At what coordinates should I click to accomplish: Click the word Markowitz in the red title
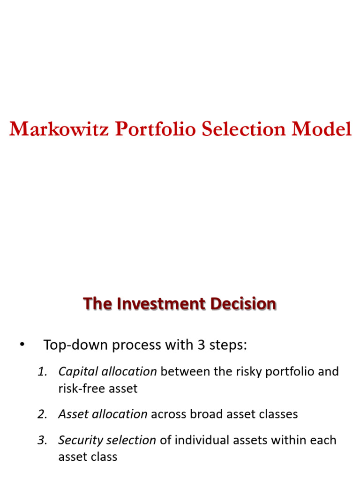tap(59, 129)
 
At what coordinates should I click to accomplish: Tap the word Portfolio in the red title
tap(155, 129)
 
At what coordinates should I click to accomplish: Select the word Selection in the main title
tap(244, 129)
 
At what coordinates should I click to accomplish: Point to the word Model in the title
tap(321, 129)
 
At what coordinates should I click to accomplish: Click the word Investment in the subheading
tap(161, 304)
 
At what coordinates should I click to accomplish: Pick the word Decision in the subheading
tap(243, 304)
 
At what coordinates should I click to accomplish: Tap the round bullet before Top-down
tap(22, 345)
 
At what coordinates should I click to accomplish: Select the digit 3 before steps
tap(201, 345)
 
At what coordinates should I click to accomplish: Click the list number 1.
tap(42, 372)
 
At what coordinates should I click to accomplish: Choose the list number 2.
tap(42, 414)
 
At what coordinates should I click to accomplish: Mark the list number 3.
tap(42, 440)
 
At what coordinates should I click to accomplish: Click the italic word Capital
tap(78, 372)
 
